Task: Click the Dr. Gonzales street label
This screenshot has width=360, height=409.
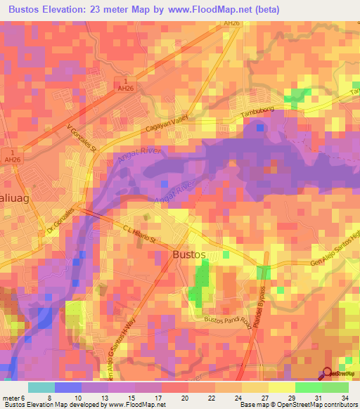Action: coord(61,224)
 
